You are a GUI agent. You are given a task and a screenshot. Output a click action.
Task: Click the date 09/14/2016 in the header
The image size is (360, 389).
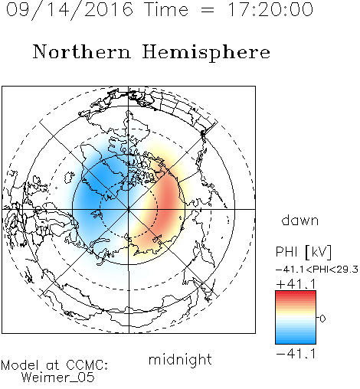[70, 9]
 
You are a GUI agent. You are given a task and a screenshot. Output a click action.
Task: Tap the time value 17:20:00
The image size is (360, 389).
[270, 9]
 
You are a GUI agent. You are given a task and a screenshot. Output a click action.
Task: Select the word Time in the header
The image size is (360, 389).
[166, 9]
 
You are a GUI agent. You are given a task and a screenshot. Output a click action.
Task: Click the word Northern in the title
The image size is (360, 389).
[82, 51]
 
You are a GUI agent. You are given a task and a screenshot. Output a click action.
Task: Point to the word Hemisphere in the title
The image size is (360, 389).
[206, 52]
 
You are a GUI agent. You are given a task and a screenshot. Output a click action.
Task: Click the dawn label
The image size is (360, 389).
[300, 220]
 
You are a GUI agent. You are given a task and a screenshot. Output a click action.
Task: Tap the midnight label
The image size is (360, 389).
[180, 359]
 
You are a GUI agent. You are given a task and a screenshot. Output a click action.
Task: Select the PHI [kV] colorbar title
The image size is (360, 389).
[303, 252]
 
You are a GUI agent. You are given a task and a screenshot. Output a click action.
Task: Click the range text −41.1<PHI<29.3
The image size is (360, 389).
[317, 270]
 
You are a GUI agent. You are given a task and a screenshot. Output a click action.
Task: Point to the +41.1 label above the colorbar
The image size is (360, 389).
[296, 284]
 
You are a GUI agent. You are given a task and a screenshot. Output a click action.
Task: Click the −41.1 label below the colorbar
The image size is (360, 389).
[296, 354]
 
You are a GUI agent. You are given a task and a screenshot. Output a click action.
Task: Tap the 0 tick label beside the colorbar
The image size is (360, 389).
[322, 319]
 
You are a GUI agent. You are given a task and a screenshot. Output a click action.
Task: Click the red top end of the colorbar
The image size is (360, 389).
[296, 293]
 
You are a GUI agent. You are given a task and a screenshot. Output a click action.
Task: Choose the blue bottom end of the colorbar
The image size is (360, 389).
[296, 342]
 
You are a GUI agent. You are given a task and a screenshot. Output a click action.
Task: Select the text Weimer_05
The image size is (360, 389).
[58, 378]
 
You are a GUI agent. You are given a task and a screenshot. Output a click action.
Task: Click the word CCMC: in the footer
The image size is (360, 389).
[87, 365]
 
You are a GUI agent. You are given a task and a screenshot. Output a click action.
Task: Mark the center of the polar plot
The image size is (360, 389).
[129, 209]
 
